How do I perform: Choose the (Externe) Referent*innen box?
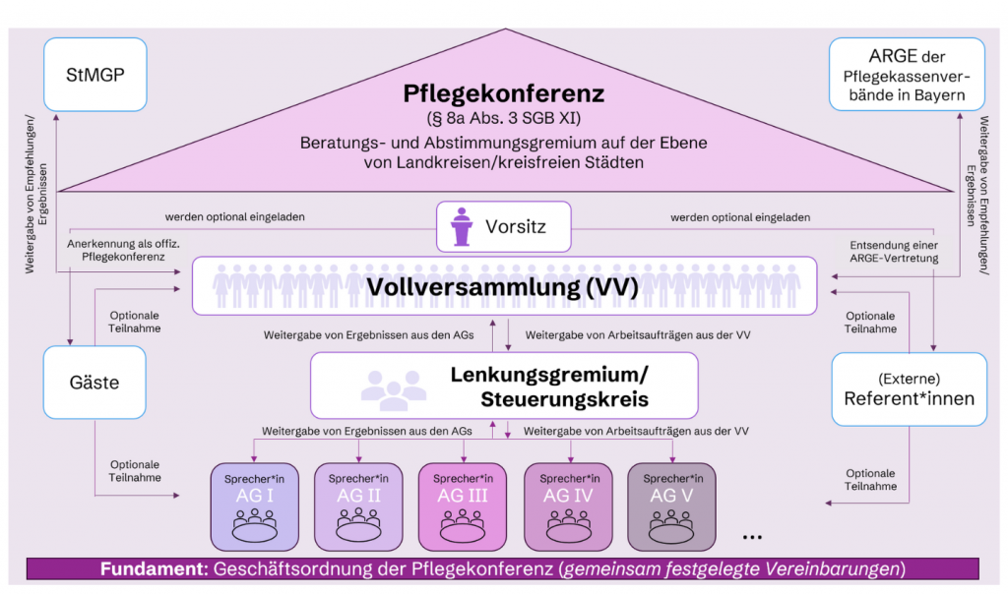pos(909,389)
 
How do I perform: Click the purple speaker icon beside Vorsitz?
pos(461,226)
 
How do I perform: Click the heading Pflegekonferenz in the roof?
pos(503,94)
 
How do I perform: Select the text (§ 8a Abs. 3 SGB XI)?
pos(503,119)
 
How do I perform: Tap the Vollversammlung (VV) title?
pos(503,287)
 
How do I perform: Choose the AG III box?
pos(464,505)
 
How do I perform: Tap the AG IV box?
pos(568,505)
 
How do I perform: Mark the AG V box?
pos(672,505)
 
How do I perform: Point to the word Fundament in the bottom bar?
pos(147,569)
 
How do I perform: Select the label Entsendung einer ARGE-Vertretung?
pos(888,251)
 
